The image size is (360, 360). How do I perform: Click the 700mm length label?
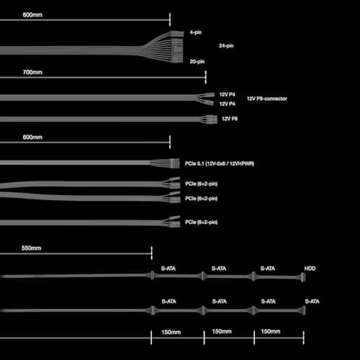pos(32,72)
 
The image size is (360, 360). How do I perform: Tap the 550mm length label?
pos(31,248)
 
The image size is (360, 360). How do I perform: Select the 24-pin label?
pos(226,45)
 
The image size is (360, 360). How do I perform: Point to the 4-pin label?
pos(196,32)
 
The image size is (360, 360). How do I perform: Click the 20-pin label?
pos(197,61)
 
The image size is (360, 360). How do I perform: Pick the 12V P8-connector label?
pos(267,99)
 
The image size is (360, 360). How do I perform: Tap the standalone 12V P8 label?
pos(230,119)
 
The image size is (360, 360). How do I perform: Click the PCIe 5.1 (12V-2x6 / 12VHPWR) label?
pos(220,163)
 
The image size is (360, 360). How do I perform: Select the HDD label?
pos(310,269)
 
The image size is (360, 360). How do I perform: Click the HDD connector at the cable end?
pos(303,277)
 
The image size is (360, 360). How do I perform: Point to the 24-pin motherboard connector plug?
pos(177,47)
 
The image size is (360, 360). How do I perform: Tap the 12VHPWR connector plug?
pos(175,163)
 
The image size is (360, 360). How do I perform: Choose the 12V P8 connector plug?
pos(212,119)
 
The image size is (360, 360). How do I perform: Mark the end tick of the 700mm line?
pos(206,77)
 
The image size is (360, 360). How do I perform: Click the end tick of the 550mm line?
pos(151,253)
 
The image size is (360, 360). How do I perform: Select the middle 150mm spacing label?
pos(222,331)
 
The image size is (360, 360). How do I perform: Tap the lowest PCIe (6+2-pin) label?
pos(201,222)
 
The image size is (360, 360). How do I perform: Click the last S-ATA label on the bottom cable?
pos(312,302)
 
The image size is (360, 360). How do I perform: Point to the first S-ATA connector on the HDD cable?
pos(152,275)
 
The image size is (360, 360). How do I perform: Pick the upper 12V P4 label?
pos(227,94)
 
